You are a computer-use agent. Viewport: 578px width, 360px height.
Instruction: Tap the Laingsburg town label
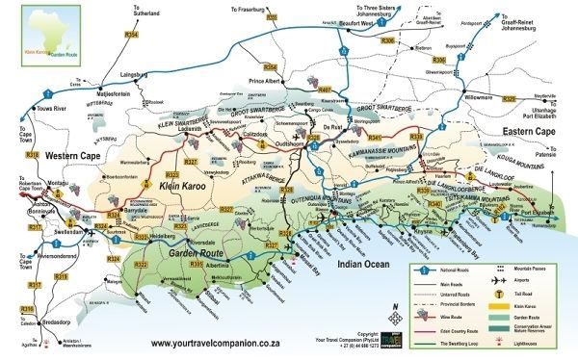click(132, 71)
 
